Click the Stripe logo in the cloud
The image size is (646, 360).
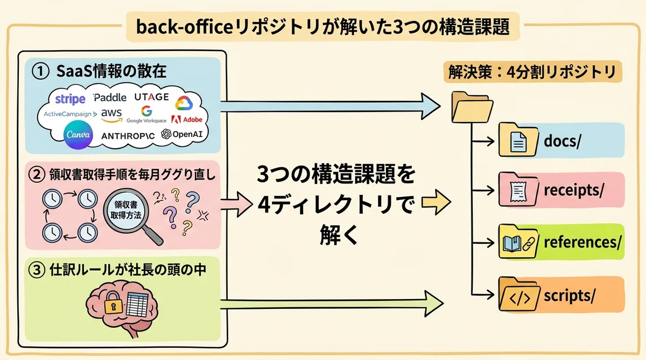(70, 99)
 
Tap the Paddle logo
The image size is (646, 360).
(110, 97)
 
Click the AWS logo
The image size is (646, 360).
(111, 114)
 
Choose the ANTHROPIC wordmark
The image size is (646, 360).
(128, 135)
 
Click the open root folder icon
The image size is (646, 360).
(472, 107)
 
